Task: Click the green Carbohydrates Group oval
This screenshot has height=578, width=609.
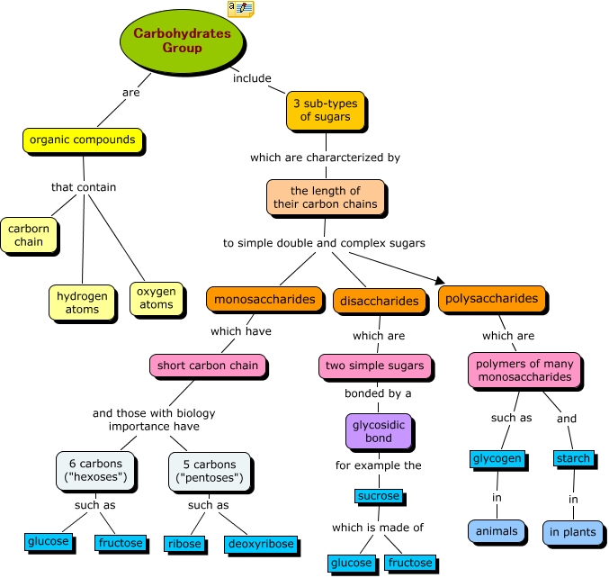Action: pos(182,41)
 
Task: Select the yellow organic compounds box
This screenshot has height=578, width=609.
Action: pos(83,140)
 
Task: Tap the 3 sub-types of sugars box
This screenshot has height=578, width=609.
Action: pos(326,111)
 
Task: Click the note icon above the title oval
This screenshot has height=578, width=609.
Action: pos(241,8)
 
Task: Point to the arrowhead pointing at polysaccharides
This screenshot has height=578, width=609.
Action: pos(441,281)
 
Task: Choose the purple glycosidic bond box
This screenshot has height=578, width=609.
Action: pos(379,431)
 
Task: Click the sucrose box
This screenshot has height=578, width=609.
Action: pos(379,496)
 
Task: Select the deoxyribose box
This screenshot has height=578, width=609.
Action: pos(261,544)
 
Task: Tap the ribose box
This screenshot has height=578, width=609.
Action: pos(184,544)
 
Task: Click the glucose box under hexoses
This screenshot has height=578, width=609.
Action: pos(49,541)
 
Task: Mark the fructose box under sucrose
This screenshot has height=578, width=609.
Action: pos(410,563)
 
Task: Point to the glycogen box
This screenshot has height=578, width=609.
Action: pos(497,458)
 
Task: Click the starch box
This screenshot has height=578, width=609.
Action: pos(573,458)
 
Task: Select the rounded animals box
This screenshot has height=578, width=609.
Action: pos(497,531)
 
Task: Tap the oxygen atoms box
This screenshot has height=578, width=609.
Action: pos(157,298)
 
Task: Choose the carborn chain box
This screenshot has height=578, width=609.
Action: pos(29,235)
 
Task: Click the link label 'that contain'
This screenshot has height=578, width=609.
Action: pos(84,187)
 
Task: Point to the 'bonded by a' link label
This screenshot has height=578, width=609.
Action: pos(378,393)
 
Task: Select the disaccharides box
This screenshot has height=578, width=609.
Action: pos(380,301)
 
